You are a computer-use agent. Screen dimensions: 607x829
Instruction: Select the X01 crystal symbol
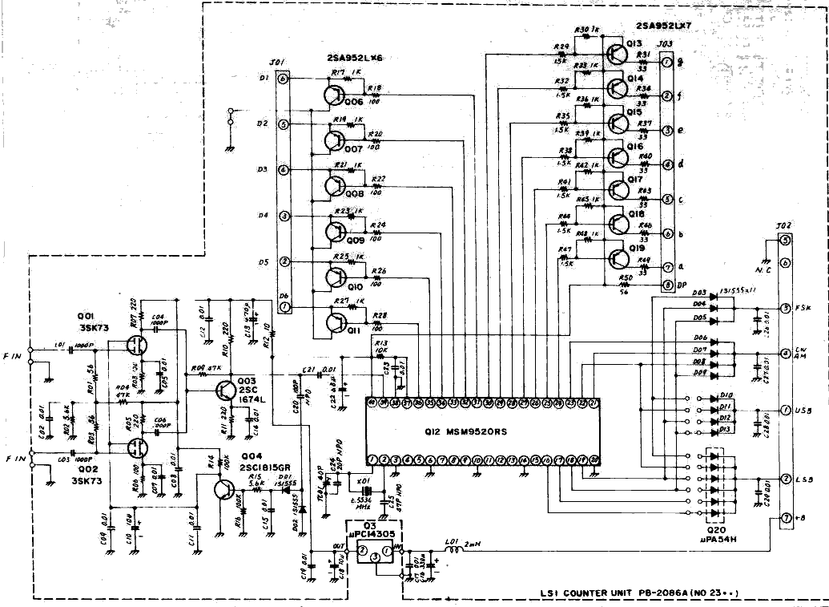pos(366,491)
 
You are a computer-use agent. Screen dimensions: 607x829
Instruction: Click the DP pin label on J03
pos(686,285)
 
